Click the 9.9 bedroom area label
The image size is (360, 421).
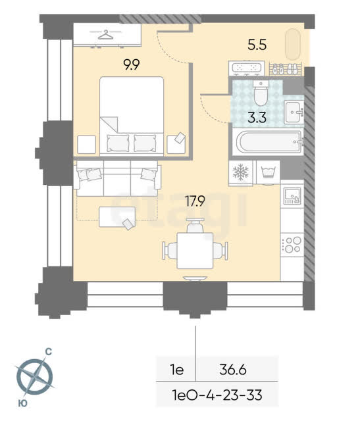pos(132,64)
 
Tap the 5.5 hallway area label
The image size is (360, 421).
pos(257,45)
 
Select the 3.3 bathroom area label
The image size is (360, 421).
pos(257,117)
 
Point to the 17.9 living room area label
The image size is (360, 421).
pos(195,201)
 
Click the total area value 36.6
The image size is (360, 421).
pos(233,370)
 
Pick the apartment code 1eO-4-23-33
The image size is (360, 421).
pos(217,395)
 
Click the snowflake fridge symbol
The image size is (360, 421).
pos(241,172)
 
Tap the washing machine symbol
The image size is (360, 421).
pos(268,172)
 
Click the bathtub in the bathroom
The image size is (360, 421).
pos(268,142)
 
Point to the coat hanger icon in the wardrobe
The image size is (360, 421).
pos(105,35)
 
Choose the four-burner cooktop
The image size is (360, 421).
pos(292,245)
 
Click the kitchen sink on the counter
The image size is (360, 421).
pos(292,196)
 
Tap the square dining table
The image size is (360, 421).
pos(195,251)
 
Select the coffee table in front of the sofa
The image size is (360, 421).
pos(117,217)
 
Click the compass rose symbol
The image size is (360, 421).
pos(35,376)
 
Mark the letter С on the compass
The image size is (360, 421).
pos(48,351)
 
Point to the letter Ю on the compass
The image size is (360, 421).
pos(23,403)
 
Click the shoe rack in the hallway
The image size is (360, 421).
pos(286,69)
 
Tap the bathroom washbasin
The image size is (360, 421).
pos(294,112)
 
